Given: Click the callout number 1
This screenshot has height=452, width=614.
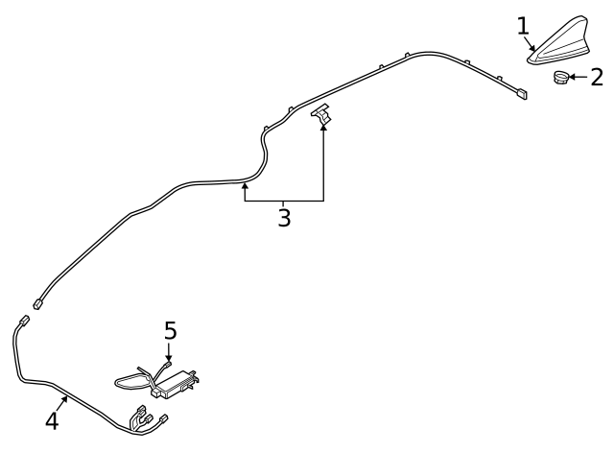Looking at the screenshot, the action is (x=523, y=26).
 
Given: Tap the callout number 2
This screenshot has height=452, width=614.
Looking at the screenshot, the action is (x=597, y=77).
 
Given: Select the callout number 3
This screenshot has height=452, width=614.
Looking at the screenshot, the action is (x=284, y=218).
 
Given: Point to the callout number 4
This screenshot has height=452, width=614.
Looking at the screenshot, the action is (x=52, y=421).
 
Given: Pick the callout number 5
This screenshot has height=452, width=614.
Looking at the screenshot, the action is (x=171, y=330).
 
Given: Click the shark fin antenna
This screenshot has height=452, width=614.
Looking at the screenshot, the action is (x=559, y=40).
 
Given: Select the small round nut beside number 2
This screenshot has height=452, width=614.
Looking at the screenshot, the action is (x=560, y=77).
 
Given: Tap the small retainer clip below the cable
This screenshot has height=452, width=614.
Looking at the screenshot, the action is (x=322, y=113).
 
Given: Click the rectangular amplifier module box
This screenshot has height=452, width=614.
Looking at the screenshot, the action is (x=175, y=384).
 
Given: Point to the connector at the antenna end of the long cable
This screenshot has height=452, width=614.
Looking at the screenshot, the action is (x=522, y=94).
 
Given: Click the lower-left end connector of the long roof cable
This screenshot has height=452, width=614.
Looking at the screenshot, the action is (x=38, y=303).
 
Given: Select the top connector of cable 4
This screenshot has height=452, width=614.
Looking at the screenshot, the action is (x=24, y=320).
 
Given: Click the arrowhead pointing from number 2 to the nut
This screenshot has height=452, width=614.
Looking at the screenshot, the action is (x=572, y=77).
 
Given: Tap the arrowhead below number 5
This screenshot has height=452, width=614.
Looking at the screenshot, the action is (x=169, y=358).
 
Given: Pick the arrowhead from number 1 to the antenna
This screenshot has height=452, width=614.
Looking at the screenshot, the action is (x=532, y=48).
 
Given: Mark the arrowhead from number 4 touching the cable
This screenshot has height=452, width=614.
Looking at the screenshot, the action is (x=65, y=399).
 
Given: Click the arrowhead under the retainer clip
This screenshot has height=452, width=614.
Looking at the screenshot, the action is (x=323, y=127).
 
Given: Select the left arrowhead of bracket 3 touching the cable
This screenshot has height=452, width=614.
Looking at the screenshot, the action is (x=246, y=186).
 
